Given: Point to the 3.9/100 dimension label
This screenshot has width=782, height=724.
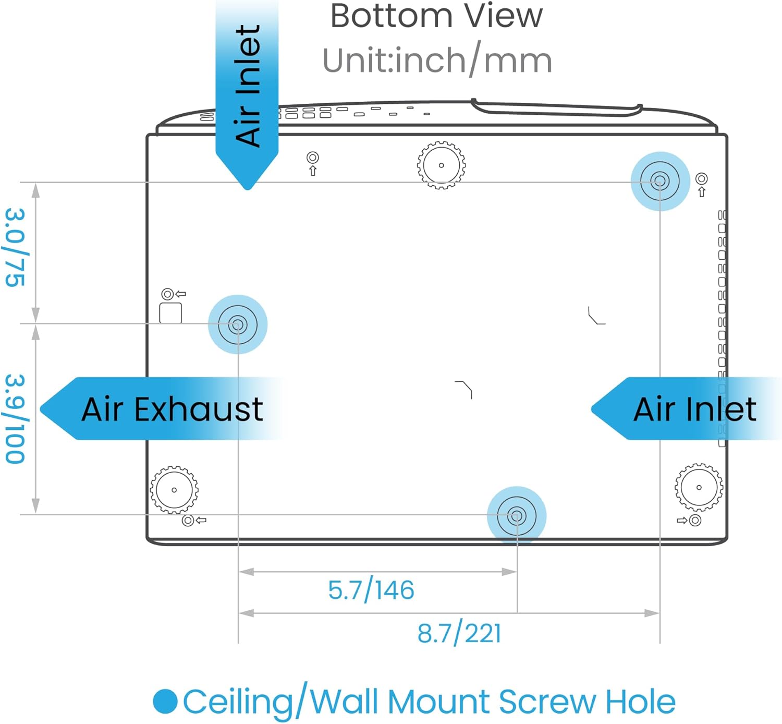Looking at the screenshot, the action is coord(15,418).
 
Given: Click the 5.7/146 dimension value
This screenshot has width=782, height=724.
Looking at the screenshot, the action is coord(371,590).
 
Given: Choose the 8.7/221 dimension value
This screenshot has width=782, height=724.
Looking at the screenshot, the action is coord(459,633).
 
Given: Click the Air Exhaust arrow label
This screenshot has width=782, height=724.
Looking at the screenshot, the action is coord(172,409).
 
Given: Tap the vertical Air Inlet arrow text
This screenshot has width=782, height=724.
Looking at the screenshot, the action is coord(248,86).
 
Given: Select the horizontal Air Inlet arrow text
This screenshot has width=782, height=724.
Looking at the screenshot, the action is coord(694,409).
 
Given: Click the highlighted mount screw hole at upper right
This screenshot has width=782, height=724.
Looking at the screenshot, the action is coord(660,182).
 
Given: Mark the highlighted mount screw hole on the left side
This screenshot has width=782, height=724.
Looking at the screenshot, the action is coord(237,324).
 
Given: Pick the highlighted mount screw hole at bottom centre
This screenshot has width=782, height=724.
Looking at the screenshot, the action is coord(517,516).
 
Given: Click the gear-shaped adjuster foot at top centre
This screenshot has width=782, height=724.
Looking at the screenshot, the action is coord(442,165).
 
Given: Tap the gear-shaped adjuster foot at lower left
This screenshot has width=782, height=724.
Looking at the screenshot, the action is coord(174,490).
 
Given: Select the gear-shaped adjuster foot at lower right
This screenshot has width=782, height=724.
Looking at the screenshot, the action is coord(699,488).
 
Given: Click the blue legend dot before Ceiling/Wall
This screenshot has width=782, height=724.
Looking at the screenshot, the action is coord(165,702).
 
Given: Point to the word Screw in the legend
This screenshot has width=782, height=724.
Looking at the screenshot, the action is coord(547,702).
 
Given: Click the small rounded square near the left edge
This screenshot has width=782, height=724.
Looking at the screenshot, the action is coord(170,313).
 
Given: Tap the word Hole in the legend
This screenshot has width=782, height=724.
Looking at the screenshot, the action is coord(641,702).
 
